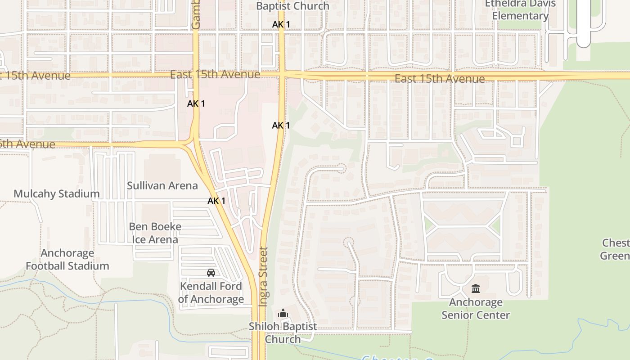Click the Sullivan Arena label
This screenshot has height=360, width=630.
click(x=162, y=185)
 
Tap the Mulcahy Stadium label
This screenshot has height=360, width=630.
click(x=57, y=194)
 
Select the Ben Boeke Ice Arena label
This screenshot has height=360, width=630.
click(x=155, y=233)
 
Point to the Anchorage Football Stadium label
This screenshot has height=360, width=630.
click(x=67, y=259)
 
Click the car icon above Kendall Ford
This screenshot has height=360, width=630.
click(x=211, y=273)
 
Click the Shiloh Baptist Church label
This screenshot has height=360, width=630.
click(x=283, y=333)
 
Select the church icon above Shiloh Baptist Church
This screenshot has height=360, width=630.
click(x=283, y=314)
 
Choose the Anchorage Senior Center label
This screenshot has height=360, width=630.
click(x=476, y=309)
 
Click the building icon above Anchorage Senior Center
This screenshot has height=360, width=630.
click(x=476, y=288)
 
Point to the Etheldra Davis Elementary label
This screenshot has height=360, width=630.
click(x=520, y=10)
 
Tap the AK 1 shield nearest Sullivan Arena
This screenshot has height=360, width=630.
click(x=216, y=201)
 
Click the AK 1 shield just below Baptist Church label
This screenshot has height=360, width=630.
click(x=281, y=24)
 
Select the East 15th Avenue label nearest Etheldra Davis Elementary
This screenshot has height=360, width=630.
click(x=440, y=79)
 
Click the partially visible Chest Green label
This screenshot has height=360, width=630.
click(x=616, y=249)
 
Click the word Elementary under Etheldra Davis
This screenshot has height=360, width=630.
click(x=520, y=16)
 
